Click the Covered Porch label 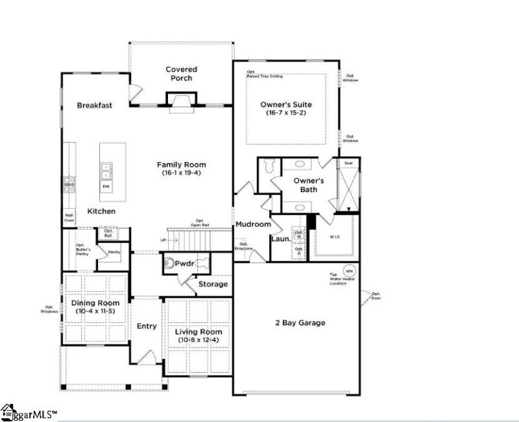(181, 74)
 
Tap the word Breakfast (95, 105)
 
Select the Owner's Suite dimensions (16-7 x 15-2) (286, 113)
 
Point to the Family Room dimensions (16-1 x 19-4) (181, 174)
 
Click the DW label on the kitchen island (106, 186)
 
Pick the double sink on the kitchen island (106, 171)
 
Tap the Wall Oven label (69, 218)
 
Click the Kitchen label (101, 211)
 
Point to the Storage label (213, 284)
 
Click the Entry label (147, 326)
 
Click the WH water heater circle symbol (350, 271)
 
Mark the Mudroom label (252, 224)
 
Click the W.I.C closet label (335, 236)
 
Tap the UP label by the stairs (163, 240)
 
